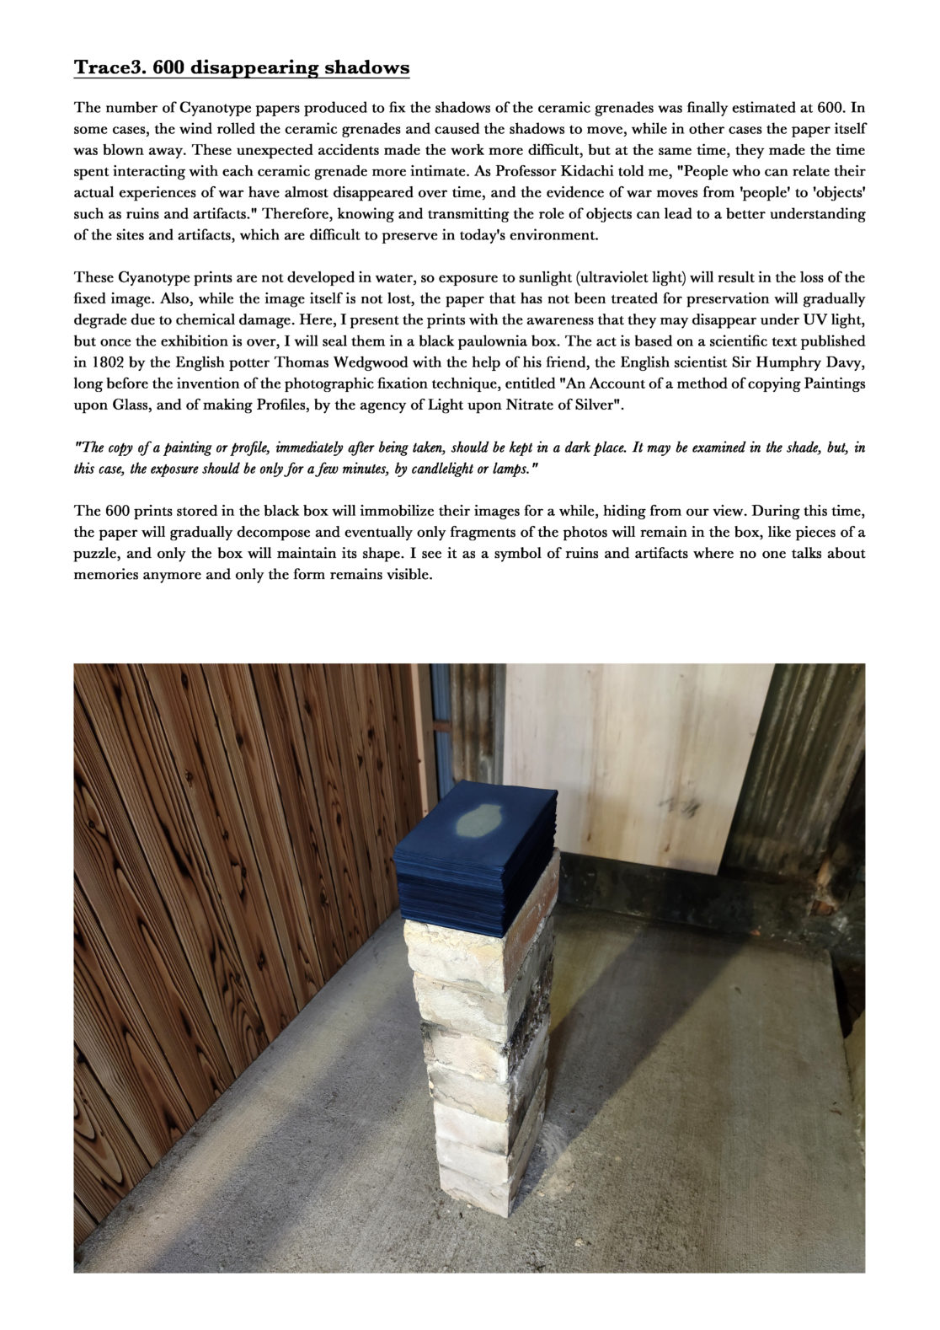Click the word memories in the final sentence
[105, 575]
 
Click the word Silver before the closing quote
[596, 405]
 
